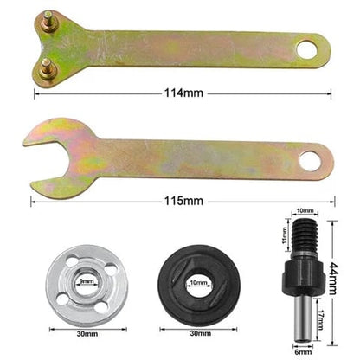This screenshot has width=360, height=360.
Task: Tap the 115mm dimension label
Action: click(x=183, y=200)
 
